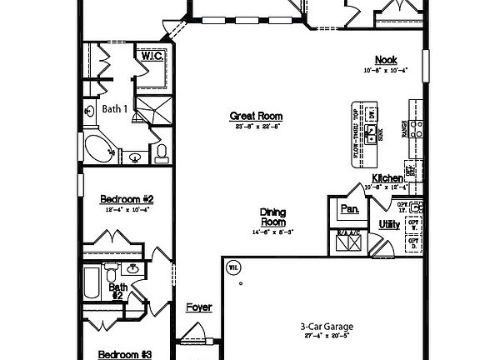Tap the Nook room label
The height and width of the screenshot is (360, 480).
pyautogui.click(x=386, y=59)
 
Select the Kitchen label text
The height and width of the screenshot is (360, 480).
pyautogui.click(x=387, y=178)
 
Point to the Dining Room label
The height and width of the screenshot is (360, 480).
pyautogui.click(x=272, y=217)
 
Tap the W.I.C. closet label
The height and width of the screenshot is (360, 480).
pyautogui.click(x=152, y=57)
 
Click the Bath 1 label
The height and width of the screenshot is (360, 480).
pyautogui.click(x=114, y=108)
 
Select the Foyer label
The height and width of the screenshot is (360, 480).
pyautogui.click(x=198, y=307)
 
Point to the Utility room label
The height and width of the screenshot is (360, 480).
pyautogui.click(x=389, y=224)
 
